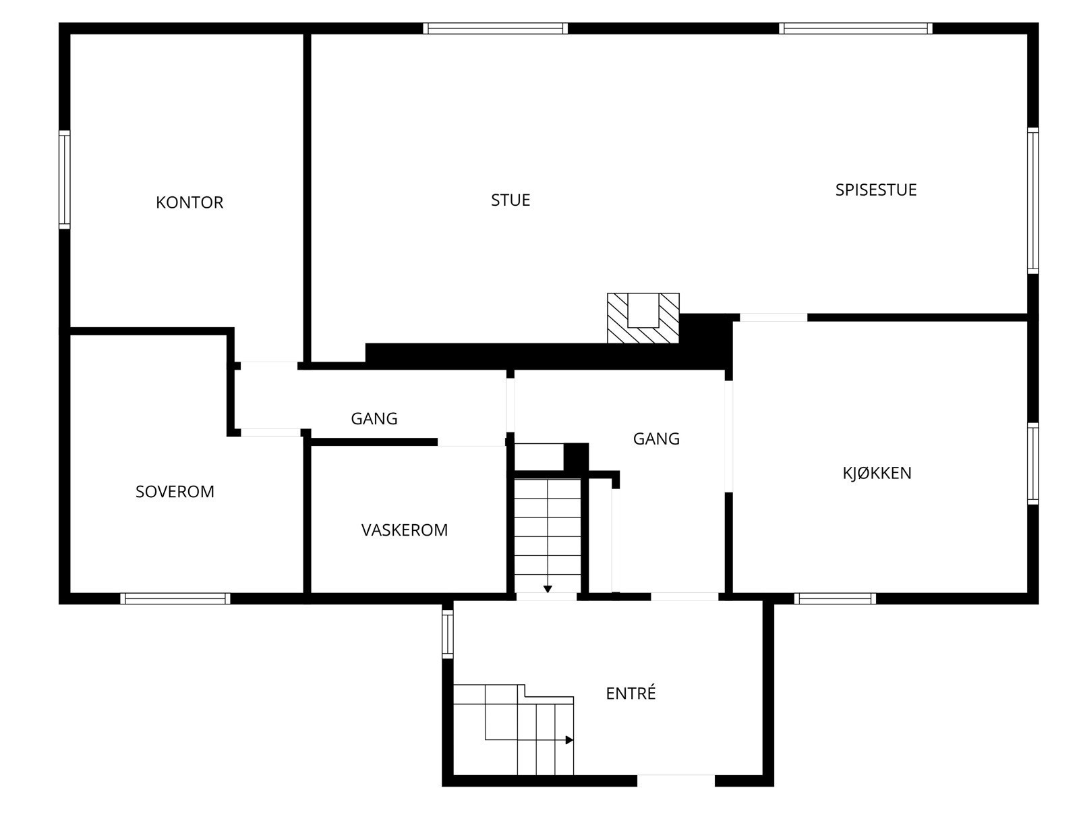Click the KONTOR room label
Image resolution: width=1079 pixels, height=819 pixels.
[189, 202]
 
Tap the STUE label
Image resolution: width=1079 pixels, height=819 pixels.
[511, 200]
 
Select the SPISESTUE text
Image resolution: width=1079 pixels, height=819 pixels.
[875, 190]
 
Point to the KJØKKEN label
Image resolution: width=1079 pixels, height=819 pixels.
[877, 474]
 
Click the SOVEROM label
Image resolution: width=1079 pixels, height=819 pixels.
[175, 492]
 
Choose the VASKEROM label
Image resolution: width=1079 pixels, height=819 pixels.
[404, 530]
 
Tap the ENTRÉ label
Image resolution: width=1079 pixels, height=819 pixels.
[631, 694]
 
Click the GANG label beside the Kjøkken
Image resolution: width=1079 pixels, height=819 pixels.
[655, 439]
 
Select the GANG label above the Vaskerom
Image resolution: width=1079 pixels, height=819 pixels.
[374, 419]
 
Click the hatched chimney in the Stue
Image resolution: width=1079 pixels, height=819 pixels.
[643, 318]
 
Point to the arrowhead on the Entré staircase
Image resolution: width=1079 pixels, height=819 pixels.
[569, 740]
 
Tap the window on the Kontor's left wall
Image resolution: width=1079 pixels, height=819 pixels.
[65, 179]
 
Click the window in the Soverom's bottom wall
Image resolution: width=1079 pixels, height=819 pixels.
[175, 598]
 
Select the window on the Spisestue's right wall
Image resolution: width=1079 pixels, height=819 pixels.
[1032, 200]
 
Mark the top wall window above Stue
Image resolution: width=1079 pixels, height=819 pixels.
[495, 28]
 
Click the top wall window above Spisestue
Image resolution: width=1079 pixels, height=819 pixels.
[856, 28]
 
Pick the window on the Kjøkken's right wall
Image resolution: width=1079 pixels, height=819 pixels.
[1032, 463]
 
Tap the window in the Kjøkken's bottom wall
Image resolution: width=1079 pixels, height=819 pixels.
[835, 598]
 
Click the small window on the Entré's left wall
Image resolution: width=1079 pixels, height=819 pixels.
[448, 633]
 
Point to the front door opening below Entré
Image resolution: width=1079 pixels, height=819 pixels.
[676, 781]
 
